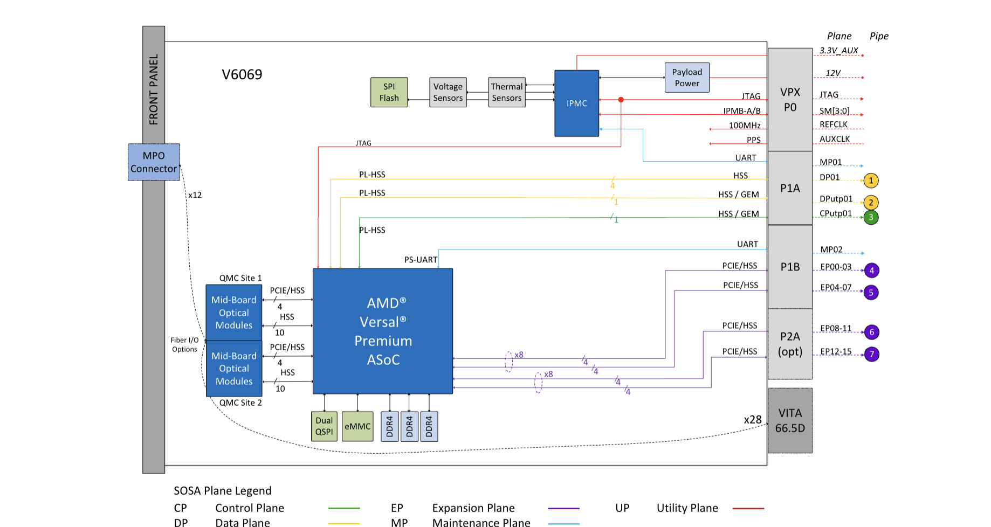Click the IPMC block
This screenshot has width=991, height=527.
click(x=576, y=103)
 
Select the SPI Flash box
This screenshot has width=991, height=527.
click(x=389, y=92)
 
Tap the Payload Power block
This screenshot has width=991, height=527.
click(x=686, y=78)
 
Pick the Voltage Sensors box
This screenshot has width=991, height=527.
click(x=448, y=92)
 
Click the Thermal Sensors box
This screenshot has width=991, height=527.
click(x=506, y=92)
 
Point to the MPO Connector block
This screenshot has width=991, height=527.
click(x=154, y=162)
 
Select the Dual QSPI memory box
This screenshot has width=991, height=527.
click(x=324, y=426)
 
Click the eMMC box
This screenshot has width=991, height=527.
click(x=357, y=426)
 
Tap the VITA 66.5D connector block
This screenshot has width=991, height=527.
click(x=790, y=420)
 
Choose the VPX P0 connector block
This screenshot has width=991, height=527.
click(x=790, y=100)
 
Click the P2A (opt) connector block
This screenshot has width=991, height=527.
click(x=790, y=344)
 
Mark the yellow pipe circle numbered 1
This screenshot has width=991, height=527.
click(x=871, y=181)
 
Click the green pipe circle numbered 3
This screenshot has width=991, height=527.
click(x=871, y=217)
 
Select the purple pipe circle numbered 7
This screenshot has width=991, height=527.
click(x=871, y=354)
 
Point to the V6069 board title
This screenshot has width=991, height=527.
click(x=242, y=74)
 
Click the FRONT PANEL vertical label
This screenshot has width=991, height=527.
click(x=154, y=89)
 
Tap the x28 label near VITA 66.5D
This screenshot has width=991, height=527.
click(x=753, y=420)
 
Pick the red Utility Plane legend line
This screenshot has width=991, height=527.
click(x=748, y=508)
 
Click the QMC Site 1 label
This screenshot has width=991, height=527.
click(x=240, y=278)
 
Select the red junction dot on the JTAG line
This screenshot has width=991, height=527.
click(x=621, y=100)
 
